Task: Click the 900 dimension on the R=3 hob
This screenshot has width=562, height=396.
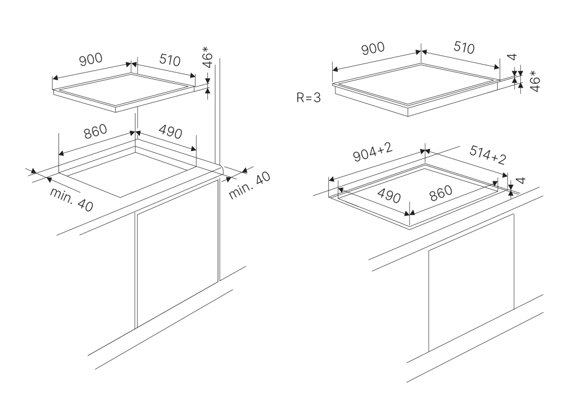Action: pyautogui.click(x=373, y=49)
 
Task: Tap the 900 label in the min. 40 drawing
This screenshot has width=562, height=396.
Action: pyautogui.click(x=90, y=60)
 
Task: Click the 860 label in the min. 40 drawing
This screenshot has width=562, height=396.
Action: pyautogui.click(x=95, y=133)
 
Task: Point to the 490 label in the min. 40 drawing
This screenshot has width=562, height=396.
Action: pyautogui.click(x=170, y=133)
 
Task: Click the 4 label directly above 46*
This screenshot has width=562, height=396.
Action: pyautogui.click(x=511, y=57)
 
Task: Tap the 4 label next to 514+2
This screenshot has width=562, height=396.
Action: pyautogui.click(x=520, y=181)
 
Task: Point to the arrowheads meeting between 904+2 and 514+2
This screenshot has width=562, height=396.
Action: pyautogui.click(x=425, y=151)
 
